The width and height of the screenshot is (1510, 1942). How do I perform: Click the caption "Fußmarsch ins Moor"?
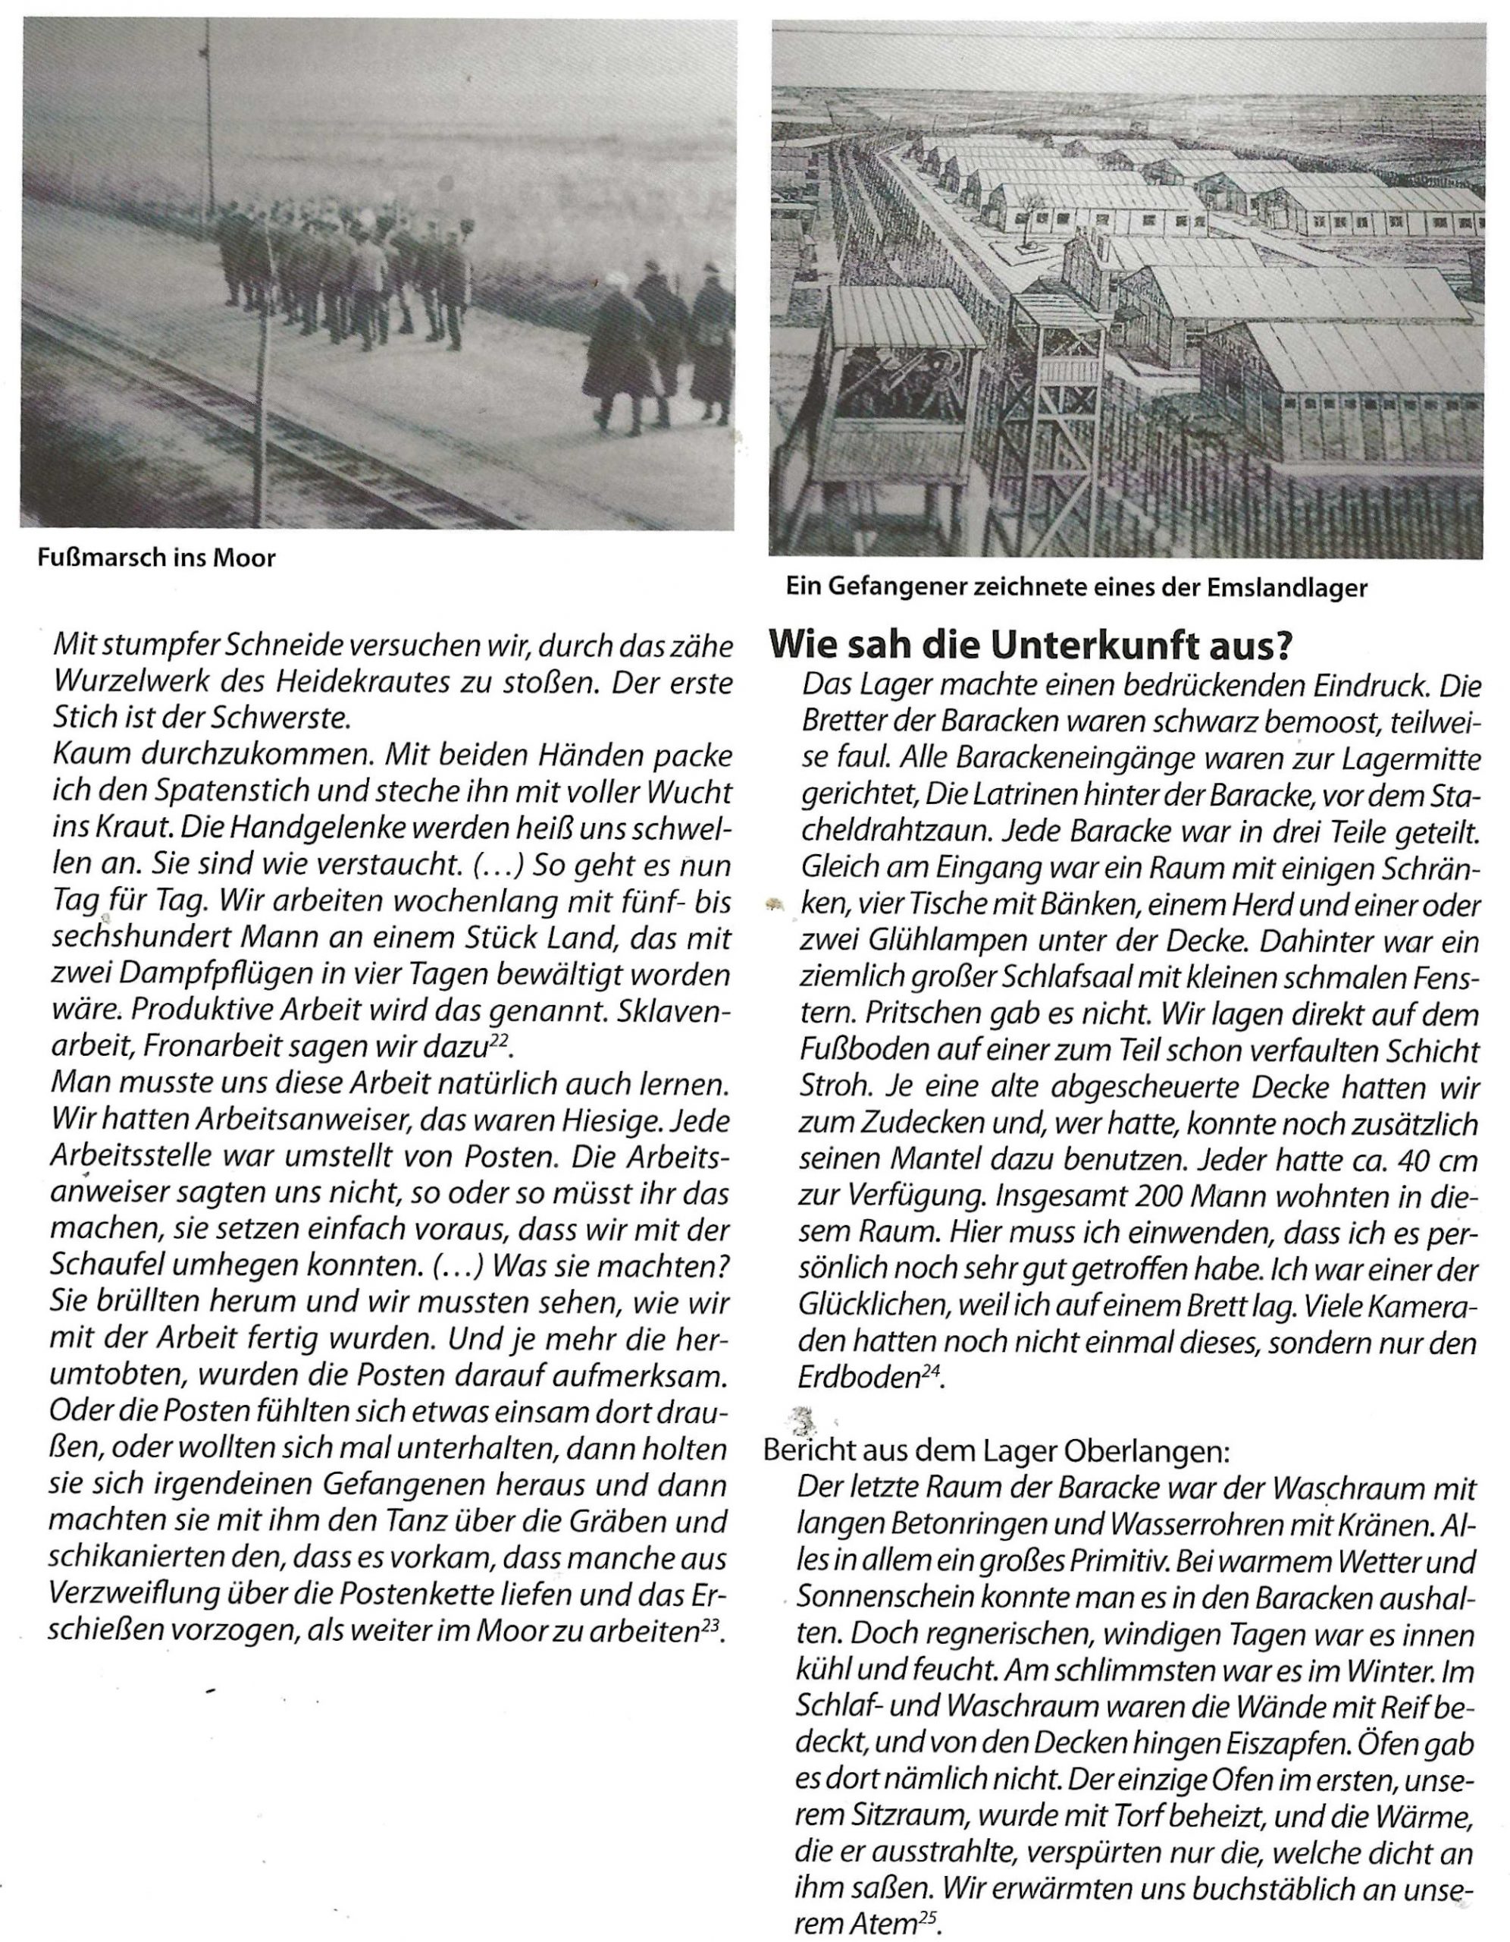point(156,558)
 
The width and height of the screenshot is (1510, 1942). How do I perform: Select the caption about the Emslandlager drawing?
point(1076,588)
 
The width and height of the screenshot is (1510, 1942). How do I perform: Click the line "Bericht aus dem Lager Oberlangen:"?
point(996,1451)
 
